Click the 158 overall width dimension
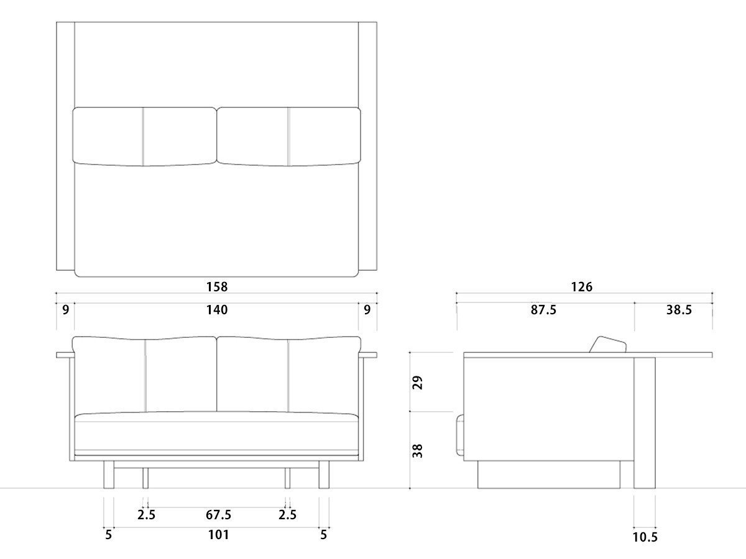216,287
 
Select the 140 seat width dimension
216,309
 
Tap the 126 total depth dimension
582,287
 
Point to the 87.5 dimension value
543,309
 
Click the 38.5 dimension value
678,309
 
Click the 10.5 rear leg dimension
645,537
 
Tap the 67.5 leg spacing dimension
218,515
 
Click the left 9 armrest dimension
65,309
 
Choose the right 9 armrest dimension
367,309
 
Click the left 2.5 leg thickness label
146,515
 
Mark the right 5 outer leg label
323,534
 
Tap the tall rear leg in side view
644,422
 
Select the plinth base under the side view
548,475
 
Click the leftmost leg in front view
108,475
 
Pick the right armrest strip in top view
368,146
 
